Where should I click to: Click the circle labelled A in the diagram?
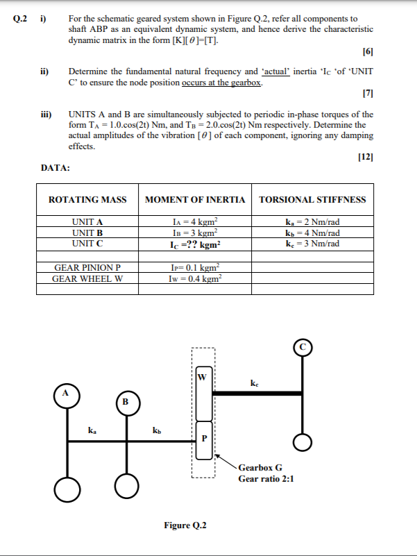(x=67, y=393)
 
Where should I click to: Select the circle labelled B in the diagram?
(x=126, y=401)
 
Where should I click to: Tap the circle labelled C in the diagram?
(x=303, y=346)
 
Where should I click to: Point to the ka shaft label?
(x=92, y=430)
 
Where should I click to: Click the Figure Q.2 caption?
(x=185, y=525)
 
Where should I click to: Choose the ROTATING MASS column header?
(x=87, y=200)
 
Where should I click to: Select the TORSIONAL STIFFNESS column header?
(x=312, y=200)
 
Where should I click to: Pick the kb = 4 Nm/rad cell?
(x=312, y=232)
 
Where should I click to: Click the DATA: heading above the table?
(x=56, y=167)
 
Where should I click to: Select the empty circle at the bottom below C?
(x=303, y=441)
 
